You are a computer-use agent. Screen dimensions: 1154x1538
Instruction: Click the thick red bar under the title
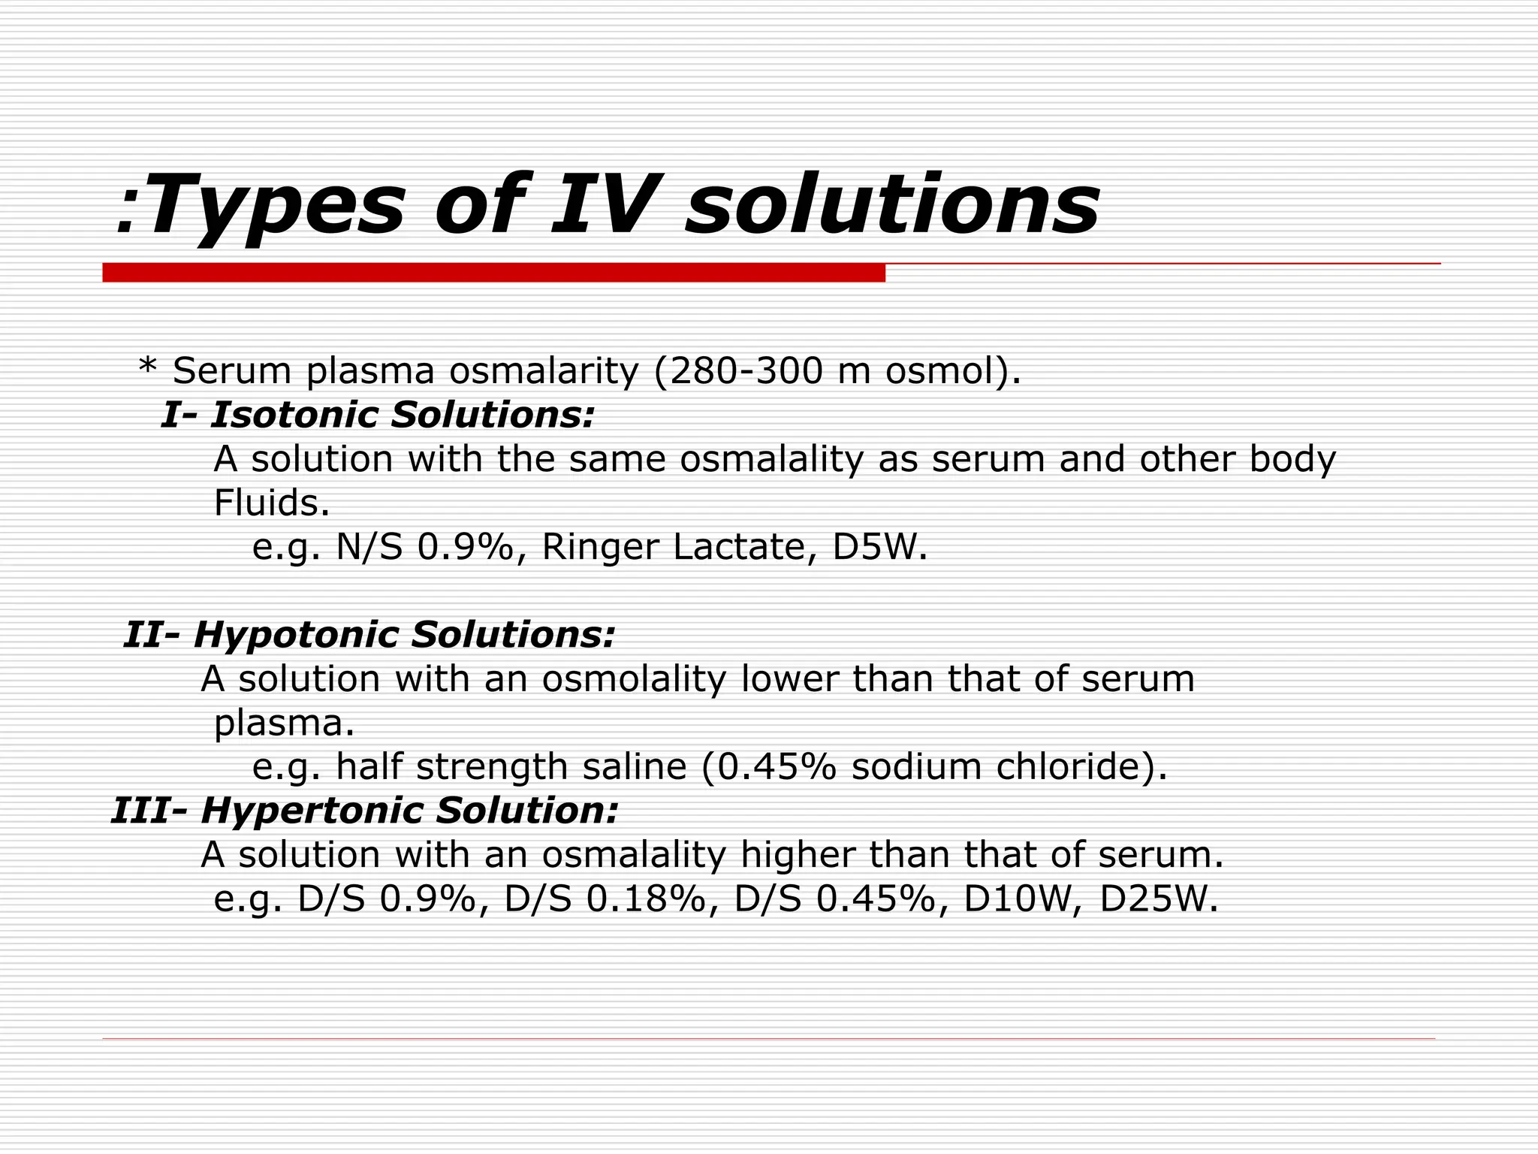[493, 273]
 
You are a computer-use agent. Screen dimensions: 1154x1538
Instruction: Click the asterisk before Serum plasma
[147, 368]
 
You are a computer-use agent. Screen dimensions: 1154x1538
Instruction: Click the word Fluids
[271, 503]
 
